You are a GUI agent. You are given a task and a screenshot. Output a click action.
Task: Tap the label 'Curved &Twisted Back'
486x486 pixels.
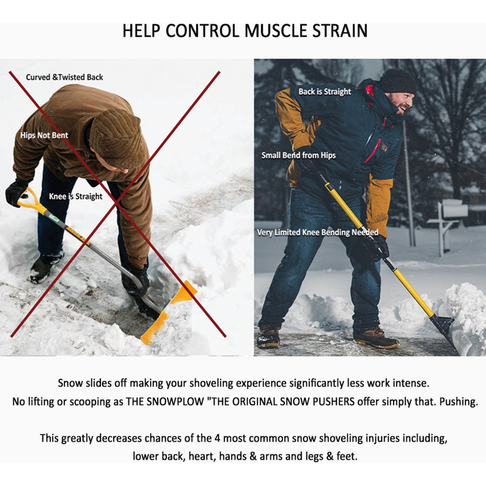coord(64,77)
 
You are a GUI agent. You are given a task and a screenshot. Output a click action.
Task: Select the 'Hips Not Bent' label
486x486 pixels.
coord(44,135)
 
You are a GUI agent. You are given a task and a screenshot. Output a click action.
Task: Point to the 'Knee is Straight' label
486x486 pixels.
coord(76,196)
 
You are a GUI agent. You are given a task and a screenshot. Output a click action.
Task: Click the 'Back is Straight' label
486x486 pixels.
coord(325,92)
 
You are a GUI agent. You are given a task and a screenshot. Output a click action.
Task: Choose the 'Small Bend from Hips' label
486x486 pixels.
coord(298,155)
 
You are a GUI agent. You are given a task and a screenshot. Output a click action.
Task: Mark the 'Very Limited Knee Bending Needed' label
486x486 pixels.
coord(318,232)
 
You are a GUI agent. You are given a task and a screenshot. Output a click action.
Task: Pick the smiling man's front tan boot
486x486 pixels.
coord(376,338)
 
